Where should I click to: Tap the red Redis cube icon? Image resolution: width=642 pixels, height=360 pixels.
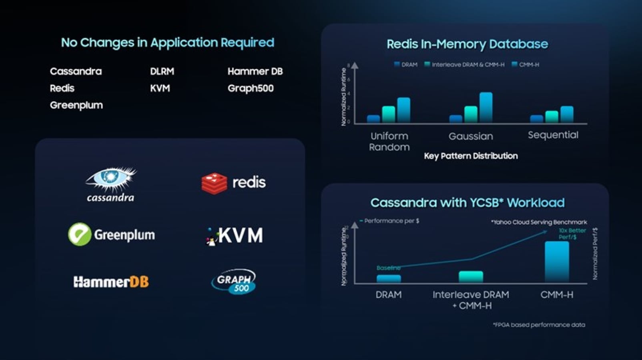click(x=214, y=183)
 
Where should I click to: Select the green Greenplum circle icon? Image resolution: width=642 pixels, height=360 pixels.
click(x=80, y=234)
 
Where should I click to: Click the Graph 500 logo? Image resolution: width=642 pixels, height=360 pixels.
click(x=234, y=281)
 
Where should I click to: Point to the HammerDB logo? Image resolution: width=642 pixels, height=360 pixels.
click(x=111, y=282)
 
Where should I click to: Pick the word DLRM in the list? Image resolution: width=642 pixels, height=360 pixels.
click(x=162, y=72)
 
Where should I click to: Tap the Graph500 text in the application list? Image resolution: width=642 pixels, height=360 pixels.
click(x=251, y=88)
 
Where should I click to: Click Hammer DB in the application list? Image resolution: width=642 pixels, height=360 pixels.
click(x=255, y=72)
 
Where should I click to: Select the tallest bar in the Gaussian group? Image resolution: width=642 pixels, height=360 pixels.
click(x=486, y=107)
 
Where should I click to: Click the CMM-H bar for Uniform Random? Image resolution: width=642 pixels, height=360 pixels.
click(x=403, y=110)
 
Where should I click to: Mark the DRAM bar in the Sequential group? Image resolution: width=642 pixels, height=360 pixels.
click(x=536, y=119)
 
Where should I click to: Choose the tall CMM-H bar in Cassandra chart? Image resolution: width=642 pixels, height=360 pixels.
click(x=557, y=262)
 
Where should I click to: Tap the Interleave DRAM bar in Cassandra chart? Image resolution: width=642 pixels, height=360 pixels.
click(x=471, y=277)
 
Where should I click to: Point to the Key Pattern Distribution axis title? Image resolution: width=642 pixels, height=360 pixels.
click(x=471, y=156)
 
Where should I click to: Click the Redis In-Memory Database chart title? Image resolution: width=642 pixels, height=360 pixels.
click(x=467, y=44)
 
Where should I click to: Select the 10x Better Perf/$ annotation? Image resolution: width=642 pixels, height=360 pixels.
click(x=572, y=234)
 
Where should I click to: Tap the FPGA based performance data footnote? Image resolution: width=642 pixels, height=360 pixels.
click(x=539, y=325)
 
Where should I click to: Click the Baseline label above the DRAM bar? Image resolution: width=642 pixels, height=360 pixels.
click(x=388, y=268)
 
